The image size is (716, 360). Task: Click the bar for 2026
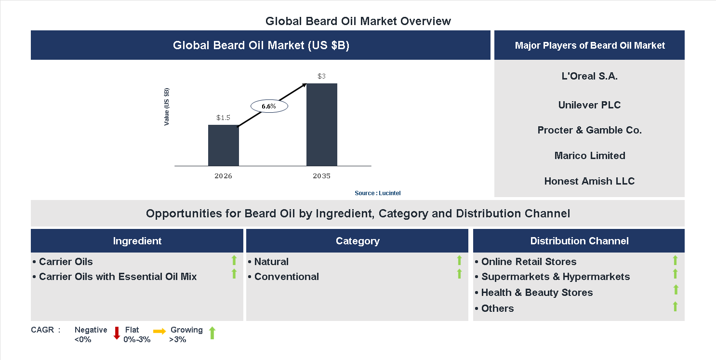click(x=223, y=145)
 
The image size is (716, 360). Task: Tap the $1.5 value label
click(x=223, y=117)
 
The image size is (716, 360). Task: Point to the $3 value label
click(x=321, y=76)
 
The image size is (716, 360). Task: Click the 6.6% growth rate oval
click(x=269, y=107)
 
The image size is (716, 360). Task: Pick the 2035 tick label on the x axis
click(x=321, y=176)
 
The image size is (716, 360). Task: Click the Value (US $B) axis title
click(x=167, y=107)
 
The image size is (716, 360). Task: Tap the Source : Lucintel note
click(x=377, y=193)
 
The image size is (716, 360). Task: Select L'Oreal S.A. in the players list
click(x=589, y=76)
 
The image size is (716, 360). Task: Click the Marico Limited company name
click(x=589, y=156)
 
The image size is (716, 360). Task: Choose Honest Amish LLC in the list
click(x=589, y=181)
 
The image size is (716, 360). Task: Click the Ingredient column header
click(x=137, y=241)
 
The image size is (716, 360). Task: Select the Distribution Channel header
click(x=579, y=241)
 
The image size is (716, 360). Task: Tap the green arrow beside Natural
click(x=459, y=261)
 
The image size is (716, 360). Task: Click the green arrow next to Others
click(x=675, y=307)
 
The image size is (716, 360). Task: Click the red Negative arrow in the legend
click(x=117, y=333)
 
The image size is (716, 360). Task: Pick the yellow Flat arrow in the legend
click(x=159, y=331)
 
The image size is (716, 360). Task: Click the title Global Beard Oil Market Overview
click(x=358, y=21)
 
